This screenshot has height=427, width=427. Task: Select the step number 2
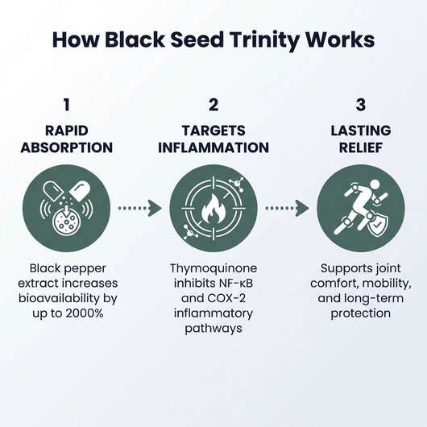tap(213, 105)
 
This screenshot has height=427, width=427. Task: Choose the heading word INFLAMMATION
tap(213, 148)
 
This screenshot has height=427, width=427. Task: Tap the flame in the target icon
tap(213, 211)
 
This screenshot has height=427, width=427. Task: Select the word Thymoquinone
tap(213, 267)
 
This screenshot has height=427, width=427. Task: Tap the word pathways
tap(213, 328)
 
